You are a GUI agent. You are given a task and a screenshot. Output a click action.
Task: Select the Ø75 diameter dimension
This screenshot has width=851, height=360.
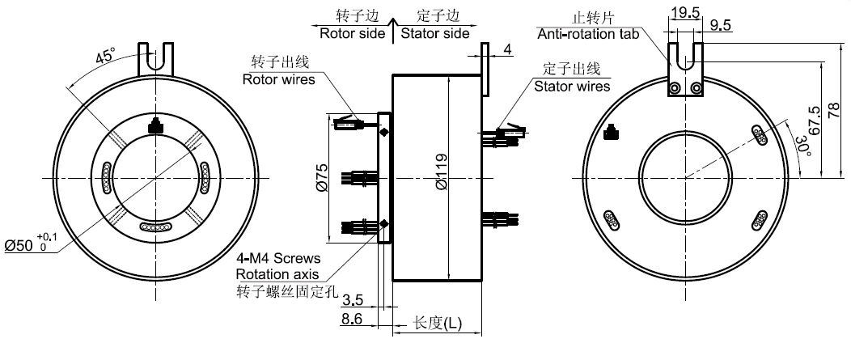pos(321,177)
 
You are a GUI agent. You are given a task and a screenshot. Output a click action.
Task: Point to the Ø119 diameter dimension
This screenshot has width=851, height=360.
pos(440,179)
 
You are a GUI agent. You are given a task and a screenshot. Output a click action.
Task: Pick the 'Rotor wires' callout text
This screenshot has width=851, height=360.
pos(276,78)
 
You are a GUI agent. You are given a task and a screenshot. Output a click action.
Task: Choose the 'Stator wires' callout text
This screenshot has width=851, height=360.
pos(571,86)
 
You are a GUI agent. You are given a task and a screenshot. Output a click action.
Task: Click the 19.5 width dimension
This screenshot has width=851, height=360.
pos(684,11)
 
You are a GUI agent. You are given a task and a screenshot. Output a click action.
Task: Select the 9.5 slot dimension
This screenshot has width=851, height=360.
pos(720,26)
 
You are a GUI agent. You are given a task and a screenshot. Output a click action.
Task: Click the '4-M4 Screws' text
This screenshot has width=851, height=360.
pos(277,259)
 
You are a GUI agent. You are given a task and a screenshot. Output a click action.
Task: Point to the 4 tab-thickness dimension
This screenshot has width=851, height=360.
pos(506,50)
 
